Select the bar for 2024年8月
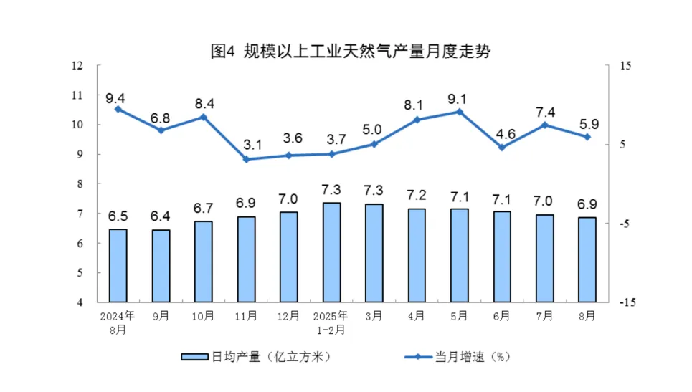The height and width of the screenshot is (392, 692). [118, 266]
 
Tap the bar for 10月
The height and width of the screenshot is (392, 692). [203, 262]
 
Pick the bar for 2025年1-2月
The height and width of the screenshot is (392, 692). [331, 252]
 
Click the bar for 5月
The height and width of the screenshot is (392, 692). [460, 255]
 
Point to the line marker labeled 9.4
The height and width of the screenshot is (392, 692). [118, 109]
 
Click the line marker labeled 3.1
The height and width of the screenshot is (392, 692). [246, 159]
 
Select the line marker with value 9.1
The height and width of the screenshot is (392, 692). [460, 112]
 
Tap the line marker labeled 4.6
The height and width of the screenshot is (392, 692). [502, 148]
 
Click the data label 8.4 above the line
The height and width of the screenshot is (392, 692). [204, 103]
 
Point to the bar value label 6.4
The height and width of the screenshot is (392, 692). [161, 216]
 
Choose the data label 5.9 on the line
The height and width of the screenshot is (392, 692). [588, 123]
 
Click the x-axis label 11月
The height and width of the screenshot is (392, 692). [246, 316]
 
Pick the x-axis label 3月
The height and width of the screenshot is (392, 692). [374, 316]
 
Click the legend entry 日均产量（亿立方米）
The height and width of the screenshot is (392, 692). [256, 356]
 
